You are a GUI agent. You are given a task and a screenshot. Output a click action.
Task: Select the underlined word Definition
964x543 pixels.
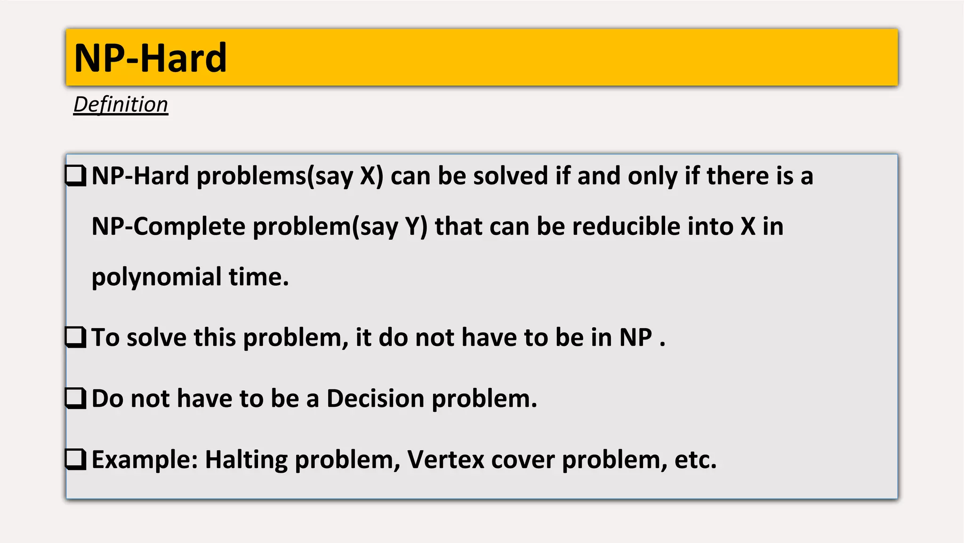(x=120, y=105)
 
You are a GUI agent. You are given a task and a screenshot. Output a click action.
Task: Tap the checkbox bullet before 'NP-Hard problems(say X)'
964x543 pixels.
(x=76, y=176)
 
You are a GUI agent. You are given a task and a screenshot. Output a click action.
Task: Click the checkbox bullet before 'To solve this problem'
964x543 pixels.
(x=76, y=337)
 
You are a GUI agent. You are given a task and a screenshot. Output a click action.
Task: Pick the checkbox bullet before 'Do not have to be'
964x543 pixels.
(x=76, y=398)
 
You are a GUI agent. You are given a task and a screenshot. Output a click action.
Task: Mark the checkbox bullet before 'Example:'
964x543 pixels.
(x=76, y=460)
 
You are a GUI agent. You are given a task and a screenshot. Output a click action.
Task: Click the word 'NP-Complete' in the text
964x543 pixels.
(x=169, y=226)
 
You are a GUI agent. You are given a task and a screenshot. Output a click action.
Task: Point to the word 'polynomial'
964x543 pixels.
(x=156, y=277)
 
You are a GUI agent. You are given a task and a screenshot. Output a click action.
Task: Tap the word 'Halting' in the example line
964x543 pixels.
(x=246, y=460)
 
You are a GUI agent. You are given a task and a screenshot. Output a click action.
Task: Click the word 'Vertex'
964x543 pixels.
(x=445, y=460)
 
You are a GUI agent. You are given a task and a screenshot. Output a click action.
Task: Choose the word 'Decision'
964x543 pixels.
(x=376, y=399)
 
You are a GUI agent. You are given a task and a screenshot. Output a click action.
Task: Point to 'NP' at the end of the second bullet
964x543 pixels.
(x=635, y=337)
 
